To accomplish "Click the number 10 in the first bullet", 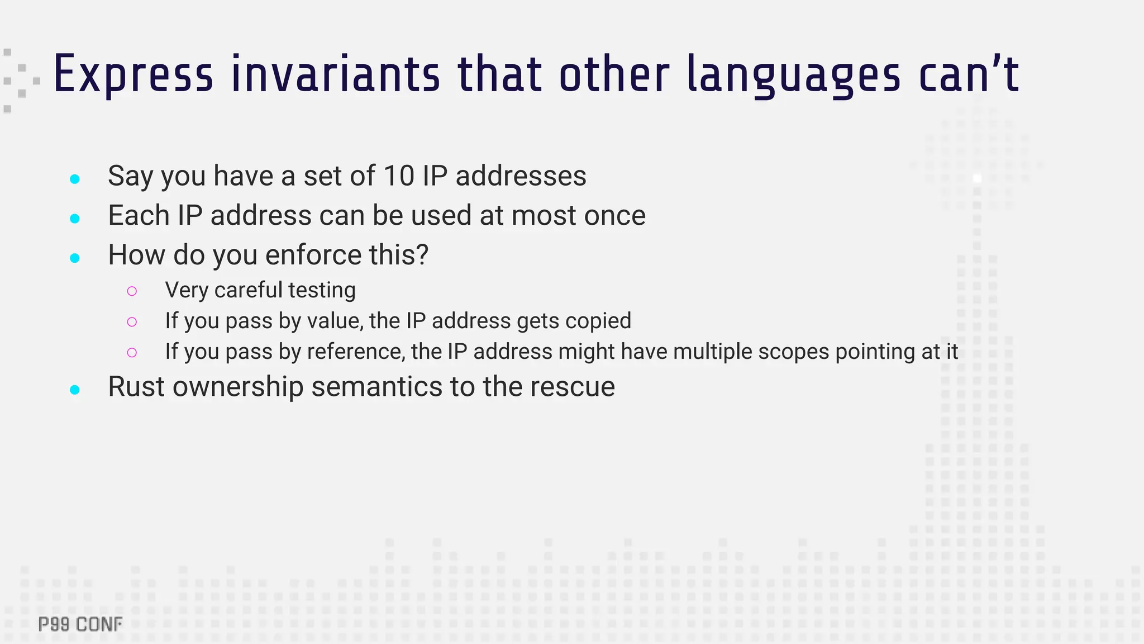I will (x=399, y=176).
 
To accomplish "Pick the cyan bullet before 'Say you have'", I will (x=75, y=179).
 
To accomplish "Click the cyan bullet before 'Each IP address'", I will (x=75, y=219).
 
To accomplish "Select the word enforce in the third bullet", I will (x=313, y=255).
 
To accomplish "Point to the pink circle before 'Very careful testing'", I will (x=132, y=291).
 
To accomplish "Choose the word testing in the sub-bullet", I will (x=322, y=291).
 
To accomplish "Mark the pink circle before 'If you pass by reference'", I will (x=132, y=352).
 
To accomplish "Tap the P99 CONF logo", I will (x=80, y=624).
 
